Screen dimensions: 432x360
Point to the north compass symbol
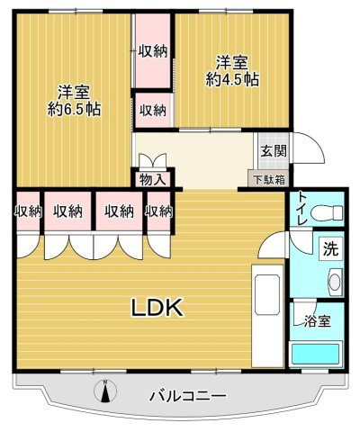coord(105,391)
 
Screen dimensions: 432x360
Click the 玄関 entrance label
coord(273,150)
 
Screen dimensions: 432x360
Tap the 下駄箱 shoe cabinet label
coord(267,180)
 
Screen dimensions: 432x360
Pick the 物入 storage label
coord(151,179)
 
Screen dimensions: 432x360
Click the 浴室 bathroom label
coord(314,319)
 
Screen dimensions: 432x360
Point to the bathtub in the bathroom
coord(315,354)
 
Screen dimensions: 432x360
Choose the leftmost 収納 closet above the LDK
coord(28,212)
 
